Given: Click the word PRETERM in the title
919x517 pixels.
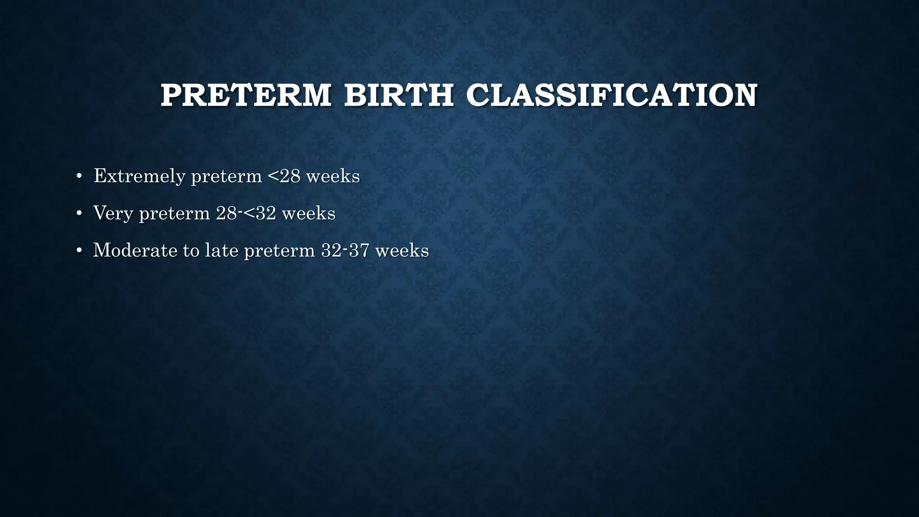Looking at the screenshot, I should pyautogui.click(x=246, y=95).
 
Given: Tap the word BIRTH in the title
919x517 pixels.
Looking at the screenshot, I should pyautogui.click(x=398, y=95).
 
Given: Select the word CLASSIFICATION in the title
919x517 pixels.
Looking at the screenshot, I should pyautogui.click(x=612, y=95).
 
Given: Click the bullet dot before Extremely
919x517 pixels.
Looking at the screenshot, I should pyautogui.click(x=79, y=176).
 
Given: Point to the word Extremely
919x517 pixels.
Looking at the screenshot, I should pyautogui.click(x=140, y=176).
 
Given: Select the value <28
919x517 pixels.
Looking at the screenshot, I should pyautogui.click(x=284, y=176).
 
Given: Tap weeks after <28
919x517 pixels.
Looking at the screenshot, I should pyautogui.click(x=333, y=176).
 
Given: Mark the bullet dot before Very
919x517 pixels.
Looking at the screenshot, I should pyautogui.click(x=79, y=213).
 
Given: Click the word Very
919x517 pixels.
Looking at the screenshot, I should pyautogui.click(x=113, y=214).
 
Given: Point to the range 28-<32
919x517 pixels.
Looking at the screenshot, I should pyautogui.click(x=246, y=213).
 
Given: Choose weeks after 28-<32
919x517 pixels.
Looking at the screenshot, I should pyautogui.click(x=309, y=213).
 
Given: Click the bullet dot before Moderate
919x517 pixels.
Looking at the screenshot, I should pyautogui.click(x=79, y=250).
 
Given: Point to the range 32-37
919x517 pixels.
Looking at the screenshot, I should pyautogui.click(x=345, y=250).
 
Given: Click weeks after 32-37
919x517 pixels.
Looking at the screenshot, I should pyautogui.click(x=402, y=250).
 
